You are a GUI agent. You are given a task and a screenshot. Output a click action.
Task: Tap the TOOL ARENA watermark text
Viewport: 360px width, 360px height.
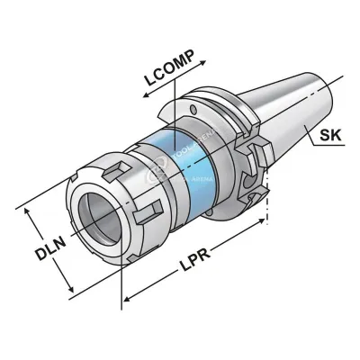pos(180,166)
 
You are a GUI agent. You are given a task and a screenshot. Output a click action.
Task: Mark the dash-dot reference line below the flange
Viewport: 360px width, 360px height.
pos(269,202)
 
